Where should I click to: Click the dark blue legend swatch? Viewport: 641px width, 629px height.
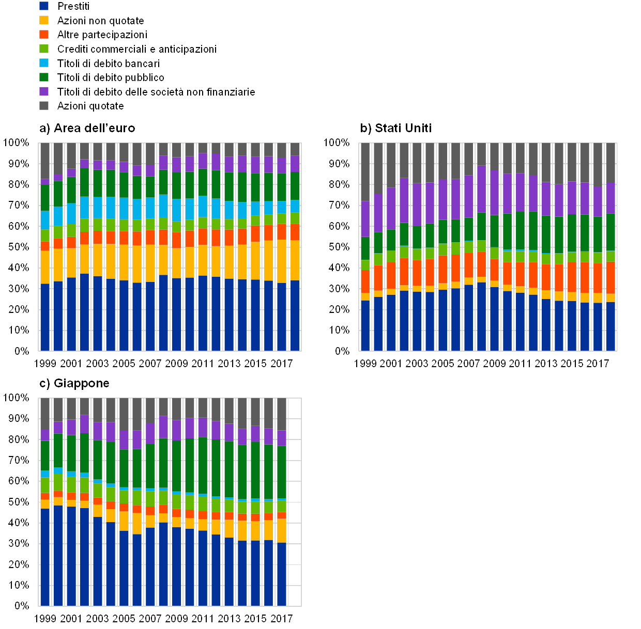pos(44,6)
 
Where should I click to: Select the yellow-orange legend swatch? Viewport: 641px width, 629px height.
pos(44,20)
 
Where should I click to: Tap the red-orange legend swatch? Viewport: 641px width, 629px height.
pos(44,35)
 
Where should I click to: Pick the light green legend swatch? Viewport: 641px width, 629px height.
pos(44,49)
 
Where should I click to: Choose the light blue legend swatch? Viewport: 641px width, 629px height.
pos(44,63)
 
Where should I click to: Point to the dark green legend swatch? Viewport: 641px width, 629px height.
pos(44,77)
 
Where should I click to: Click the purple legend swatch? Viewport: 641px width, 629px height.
pos(44,91)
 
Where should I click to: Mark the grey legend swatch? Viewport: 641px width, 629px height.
pos(44,106)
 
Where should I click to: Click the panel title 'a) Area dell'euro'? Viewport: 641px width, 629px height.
pos(87,128)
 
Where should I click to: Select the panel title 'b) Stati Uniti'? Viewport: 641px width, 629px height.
pos(395,128)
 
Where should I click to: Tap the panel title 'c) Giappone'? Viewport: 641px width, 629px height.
pos(75,383)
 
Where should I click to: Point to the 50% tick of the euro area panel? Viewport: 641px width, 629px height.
pos(18,247)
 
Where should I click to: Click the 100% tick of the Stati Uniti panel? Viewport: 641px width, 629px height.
pos(337,143)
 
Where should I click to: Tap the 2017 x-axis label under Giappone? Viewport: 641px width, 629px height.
pos(282,618)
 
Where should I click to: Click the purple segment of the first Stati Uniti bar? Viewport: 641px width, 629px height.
pos(365,219)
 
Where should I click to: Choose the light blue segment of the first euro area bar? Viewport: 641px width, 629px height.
pos(45,220)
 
